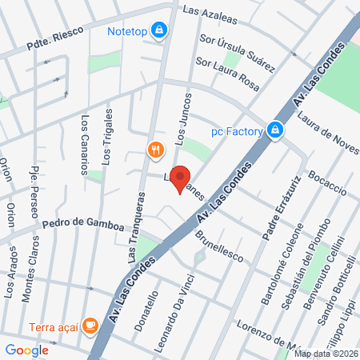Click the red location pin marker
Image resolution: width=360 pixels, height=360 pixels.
(x=181, y=178)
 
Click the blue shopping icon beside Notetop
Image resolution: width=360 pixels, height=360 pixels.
(x=160, y=30)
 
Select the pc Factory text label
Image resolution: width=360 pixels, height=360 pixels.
(x=237, y=130)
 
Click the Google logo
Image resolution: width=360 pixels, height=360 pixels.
(x=26, y=350)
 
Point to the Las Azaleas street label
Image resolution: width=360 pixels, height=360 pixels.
(x=210, y=12)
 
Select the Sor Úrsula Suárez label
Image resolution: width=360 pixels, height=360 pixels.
(x=237, y=50)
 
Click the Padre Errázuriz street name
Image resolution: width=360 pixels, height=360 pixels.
(x=274, y=206)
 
